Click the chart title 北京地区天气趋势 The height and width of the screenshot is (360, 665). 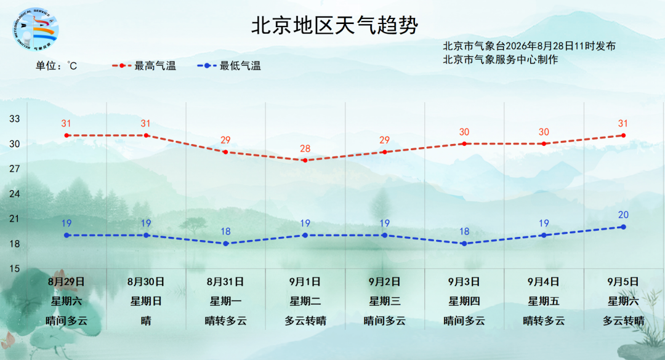pyautogui.click(x=334, y=25)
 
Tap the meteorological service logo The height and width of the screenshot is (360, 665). pyautogui.click(x=35, y=30)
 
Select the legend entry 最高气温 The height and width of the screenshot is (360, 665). pyautogui.click(x=144, y=66)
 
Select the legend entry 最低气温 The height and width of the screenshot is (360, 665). pyautogui.click(x=229, y=66)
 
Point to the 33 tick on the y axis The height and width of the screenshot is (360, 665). pyautogui.click(x=15, y=119)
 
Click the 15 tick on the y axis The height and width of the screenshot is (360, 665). pyautogui.click(x=15, y=268)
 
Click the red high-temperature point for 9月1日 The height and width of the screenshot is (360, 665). pyautogui.click(x=305, y=160)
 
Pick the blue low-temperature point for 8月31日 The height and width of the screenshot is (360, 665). pyautogui.click(x=225, y=244)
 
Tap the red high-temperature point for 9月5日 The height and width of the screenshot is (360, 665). pyautogui.click(x=623, y=135)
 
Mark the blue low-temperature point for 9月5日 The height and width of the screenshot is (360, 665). pyautogui.click(x=623, y=227)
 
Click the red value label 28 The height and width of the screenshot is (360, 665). pyautogui.click(x=305, y=149)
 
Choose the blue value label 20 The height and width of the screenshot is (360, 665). pyautogui.click(x=623, y=215)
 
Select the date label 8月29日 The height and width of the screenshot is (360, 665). pyautogui.click(x=66, y=282)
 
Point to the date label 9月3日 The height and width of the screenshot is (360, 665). pyautogui.click(x=464, y=282)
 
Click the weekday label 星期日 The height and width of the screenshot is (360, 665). pyautogui.click(x=146, y=301)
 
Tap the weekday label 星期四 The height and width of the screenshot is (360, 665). pyautogui.click(x=464, y=301)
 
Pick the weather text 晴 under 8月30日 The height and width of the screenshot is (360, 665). pyautogui.click(x=146, y=321)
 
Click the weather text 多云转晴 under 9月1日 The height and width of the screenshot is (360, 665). pyautogui.click(x=305, y=321)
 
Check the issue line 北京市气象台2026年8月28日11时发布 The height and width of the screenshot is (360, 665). pyautogui.click(x=530, y=46)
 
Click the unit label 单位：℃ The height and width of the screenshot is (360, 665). pyautogui.click(x=57, y=66)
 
